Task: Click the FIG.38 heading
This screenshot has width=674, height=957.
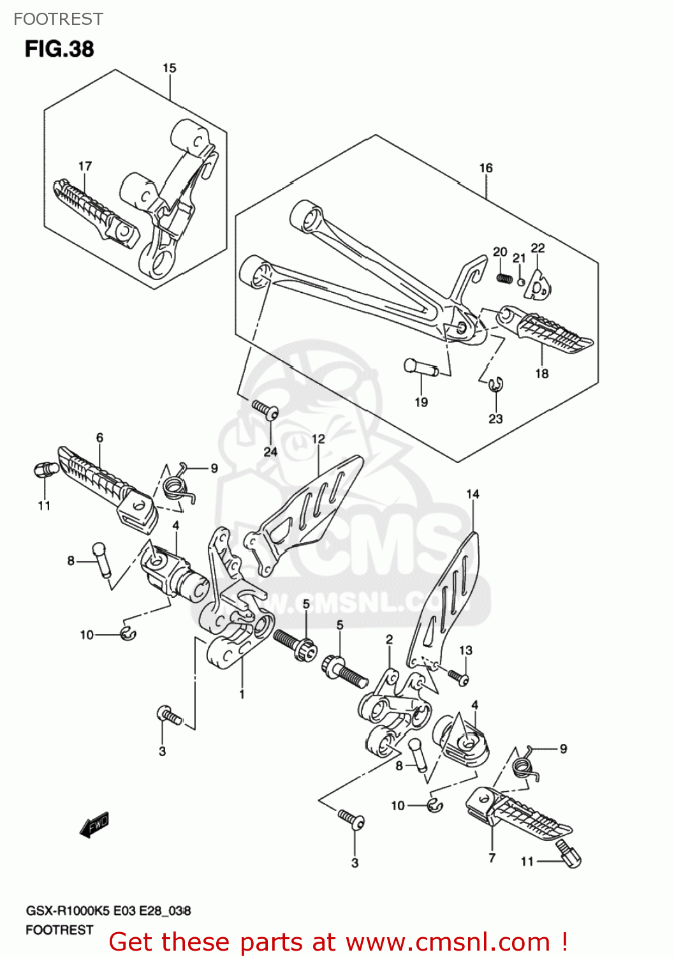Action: (x=59, y=49)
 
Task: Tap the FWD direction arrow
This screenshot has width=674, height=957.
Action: (x=94, y=824)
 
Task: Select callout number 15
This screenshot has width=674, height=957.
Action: (x=169, y=68)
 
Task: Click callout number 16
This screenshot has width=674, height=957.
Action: (x=486, y=168)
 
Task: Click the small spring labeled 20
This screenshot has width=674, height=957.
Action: (x=504, y=278)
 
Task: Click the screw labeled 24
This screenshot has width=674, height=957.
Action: (x=264, y=409)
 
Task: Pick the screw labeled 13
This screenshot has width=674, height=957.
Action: (x=458, y=677)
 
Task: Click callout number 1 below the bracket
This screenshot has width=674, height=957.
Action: (x=242, y=694)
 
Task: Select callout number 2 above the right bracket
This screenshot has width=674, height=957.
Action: (x=389, y=639)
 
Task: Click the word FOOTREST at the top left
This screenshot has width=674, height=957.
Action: (x=58, y=19)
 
